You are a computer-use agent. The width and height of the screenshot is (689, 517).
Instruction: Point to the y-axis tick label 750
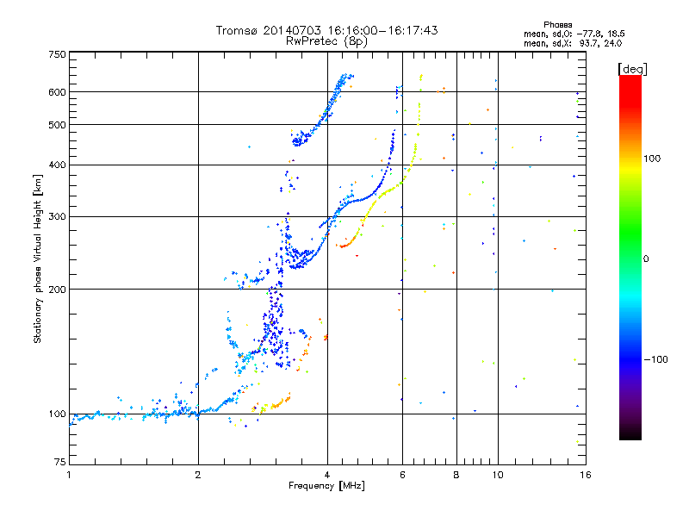coord(57,53)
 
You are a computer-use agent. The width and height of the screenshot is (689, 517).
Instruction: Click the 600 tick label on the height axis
coord(57,92)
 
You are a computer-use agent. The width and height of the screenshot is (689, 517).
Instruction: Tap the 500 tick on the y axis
coord(57,125)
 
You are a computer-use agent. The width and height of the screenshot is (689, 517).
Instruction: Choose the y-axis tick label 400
coord(57,165)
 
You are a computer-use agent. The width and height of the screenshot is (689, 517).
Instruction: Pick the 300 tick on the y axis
coord(57,217)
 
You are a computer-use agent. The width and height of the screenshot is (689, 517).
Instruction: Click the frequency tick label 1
coord(69,475)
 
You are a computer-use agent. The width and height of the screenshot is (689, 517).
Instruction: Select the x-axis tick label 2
coord(198,475)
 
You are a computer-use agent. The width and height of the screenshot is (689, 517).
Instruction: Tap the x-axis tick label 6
coord(403,475)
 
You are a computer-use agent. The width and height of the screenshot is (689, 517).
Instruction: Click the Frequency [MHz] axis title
coord(326,486)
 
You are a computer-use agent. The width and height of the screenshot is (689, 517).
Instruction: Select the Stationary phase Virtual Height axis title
coord(38,258)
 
